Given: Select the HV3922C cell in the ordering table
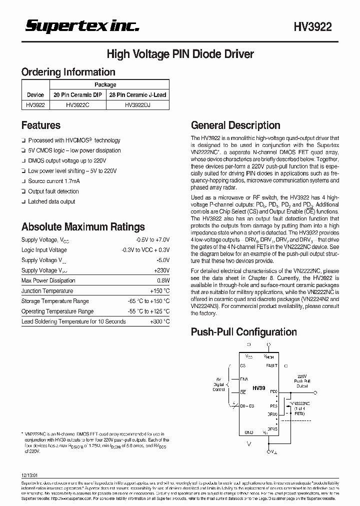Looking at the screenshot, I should [x=77, y=105].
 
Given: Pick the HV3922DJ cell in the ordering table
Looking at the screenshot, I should [x=137, y=105].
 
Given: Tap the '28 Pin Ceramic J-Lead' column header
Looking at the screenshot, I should [x=137, y=94].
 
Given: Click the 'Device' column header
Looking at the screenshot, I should [x=35, y=94].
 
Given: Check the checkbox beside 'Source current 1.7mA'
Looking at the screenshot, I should [x=23, y=181].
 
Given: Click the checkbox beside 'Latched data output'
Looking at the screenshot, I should [x=23, y=201].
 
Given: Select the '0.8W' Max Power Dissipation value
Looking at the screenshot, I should [x=163, y=280].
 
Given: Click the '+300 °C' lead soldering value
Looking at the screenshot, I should [x=159, y=321].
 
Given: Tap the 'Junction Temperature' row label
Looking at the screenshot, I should [x=47, y=291].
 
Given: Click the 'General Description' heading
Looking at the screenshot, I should [x=235, y=125].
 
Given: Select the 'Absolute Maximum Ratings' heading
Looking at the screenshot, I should [x=83, y=227].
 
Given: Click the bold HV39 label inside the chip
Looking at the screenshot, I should [x=258, y=388].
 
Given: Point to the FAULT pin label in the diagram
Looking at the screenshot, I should [x=271, y=366].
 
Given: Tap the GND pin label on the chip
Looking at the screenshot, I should [x=248, y=432].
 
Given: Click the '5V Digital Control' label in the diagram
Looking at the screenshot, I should [x=218, y=384].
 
